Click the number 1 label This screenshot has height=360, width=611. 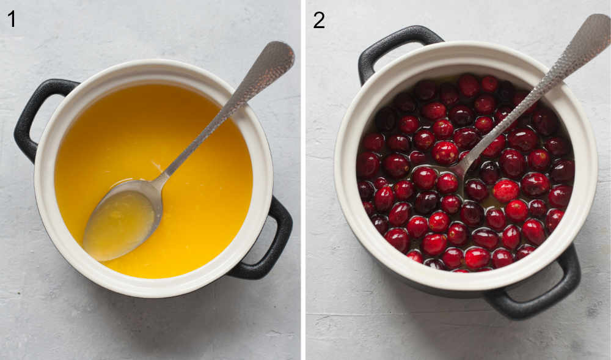pos(11,19)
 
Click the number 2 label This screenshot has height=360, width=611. pos(319,20)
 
